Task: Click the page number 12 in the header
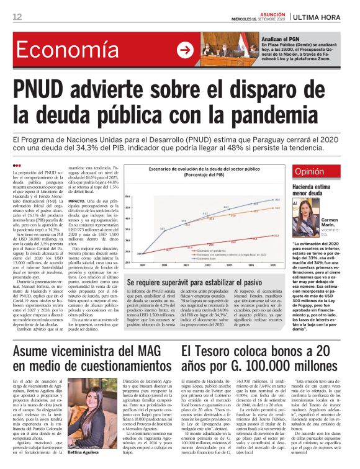click(17, 16)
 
